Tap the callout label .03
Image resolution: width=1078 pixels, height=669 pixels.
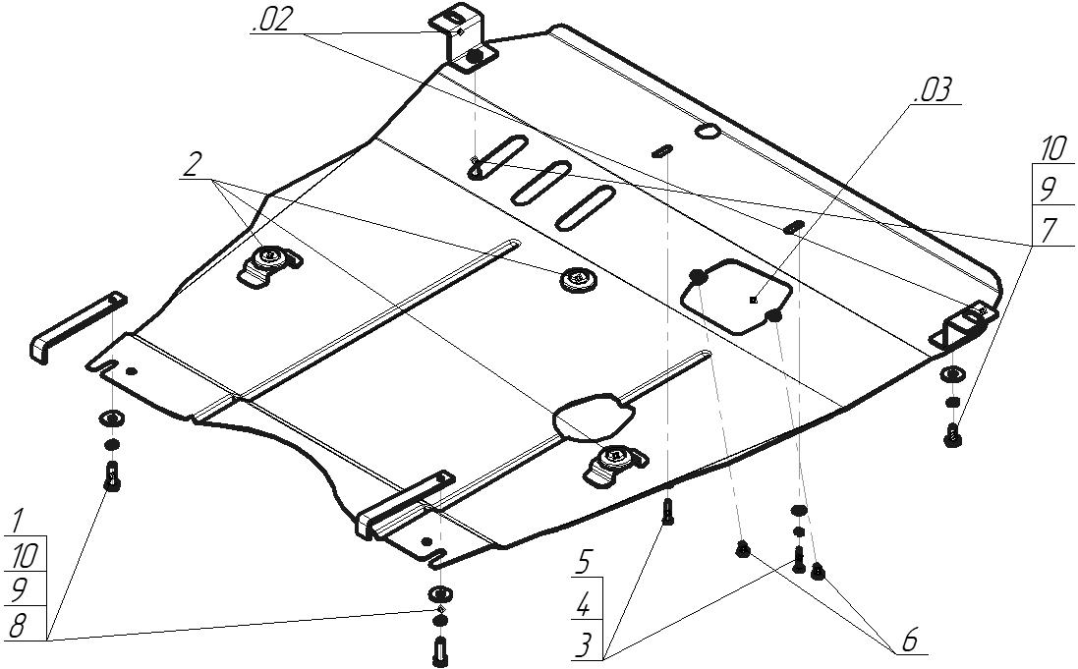coord(933,91)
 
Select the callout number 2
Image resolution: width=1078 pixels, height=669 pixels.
coord(192,166)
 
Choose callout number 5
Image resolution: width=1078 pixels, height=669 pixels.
coord(584,564)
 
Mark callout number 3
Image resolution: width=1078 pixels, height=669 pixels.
coord(584,644)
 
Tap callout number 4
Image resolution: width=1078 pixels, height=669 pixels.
coord(584,605)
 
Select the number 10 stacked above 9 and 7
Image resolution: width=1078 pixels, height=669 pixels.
coord(1052,150)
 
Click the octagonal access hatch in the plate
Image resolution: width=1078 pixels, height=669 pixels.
coord(737,294)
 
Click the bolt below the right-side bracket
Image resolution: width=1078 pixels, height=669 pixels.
coord(951,434)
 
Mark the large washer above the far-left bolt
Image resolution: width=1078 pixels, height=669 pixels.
coord(111,419)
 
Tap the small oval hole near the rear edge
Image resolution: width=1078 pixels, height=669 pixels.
coord(707,131)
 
